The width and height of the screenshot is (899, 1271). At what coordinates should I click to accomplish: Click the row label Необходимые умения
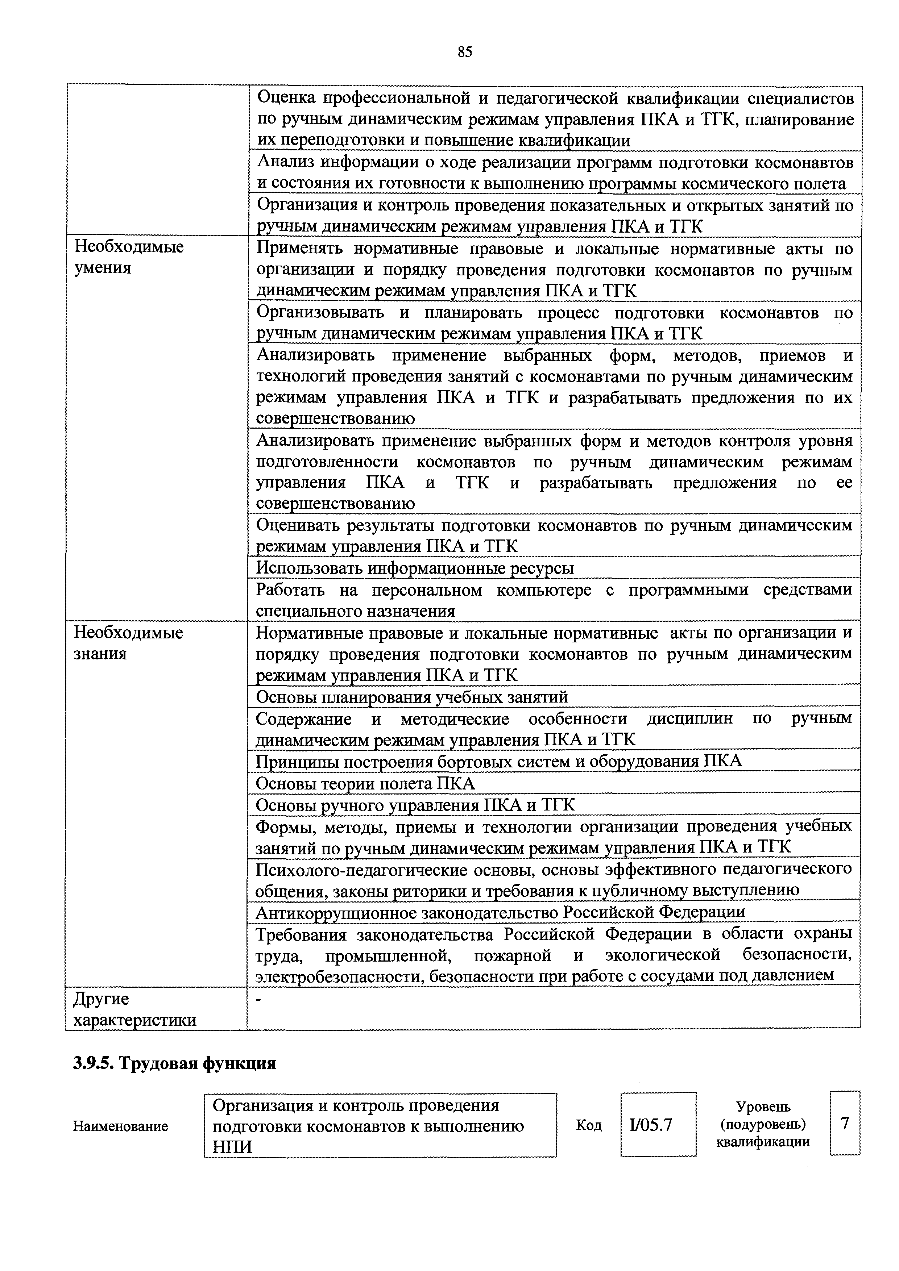point(129,257)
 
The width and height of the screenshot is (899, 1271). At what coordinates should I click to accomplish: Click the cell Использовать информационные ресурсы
point(414,568)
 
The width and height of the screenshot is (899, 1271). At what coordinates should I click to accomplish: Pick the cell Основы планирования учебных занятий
point(411,696)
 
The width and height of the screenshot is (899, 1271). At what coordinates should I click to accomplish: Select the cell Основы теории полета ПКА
point(365,783)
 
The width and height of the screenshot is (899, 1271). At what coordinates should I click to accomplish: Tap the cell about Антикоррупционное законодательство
point(500,911)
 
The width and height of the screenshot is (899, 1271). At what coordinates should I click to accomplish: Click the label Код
point(589,1125)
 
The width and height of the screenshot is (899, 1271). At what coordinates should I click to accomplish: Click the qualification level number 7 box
point(844,1123)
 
